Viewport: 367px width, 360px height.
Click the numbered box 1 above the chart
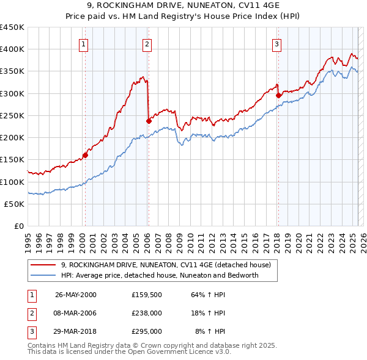83,43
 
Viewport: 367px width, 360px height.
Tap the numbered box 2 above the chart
147,43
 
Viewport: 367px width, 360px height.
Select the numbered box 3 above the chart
277,43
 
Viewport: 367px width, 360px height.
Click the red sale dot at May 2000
86,155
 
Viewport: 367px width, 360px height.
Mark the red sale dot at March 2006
149,121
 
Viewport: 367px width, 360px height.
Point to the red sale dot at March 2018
278,95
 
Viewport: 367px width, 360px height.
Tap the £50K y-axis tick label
15,204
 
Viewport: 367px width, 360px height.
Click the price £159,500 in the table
146,295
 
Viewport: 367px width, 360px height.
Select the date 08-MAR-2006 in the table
76,313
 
